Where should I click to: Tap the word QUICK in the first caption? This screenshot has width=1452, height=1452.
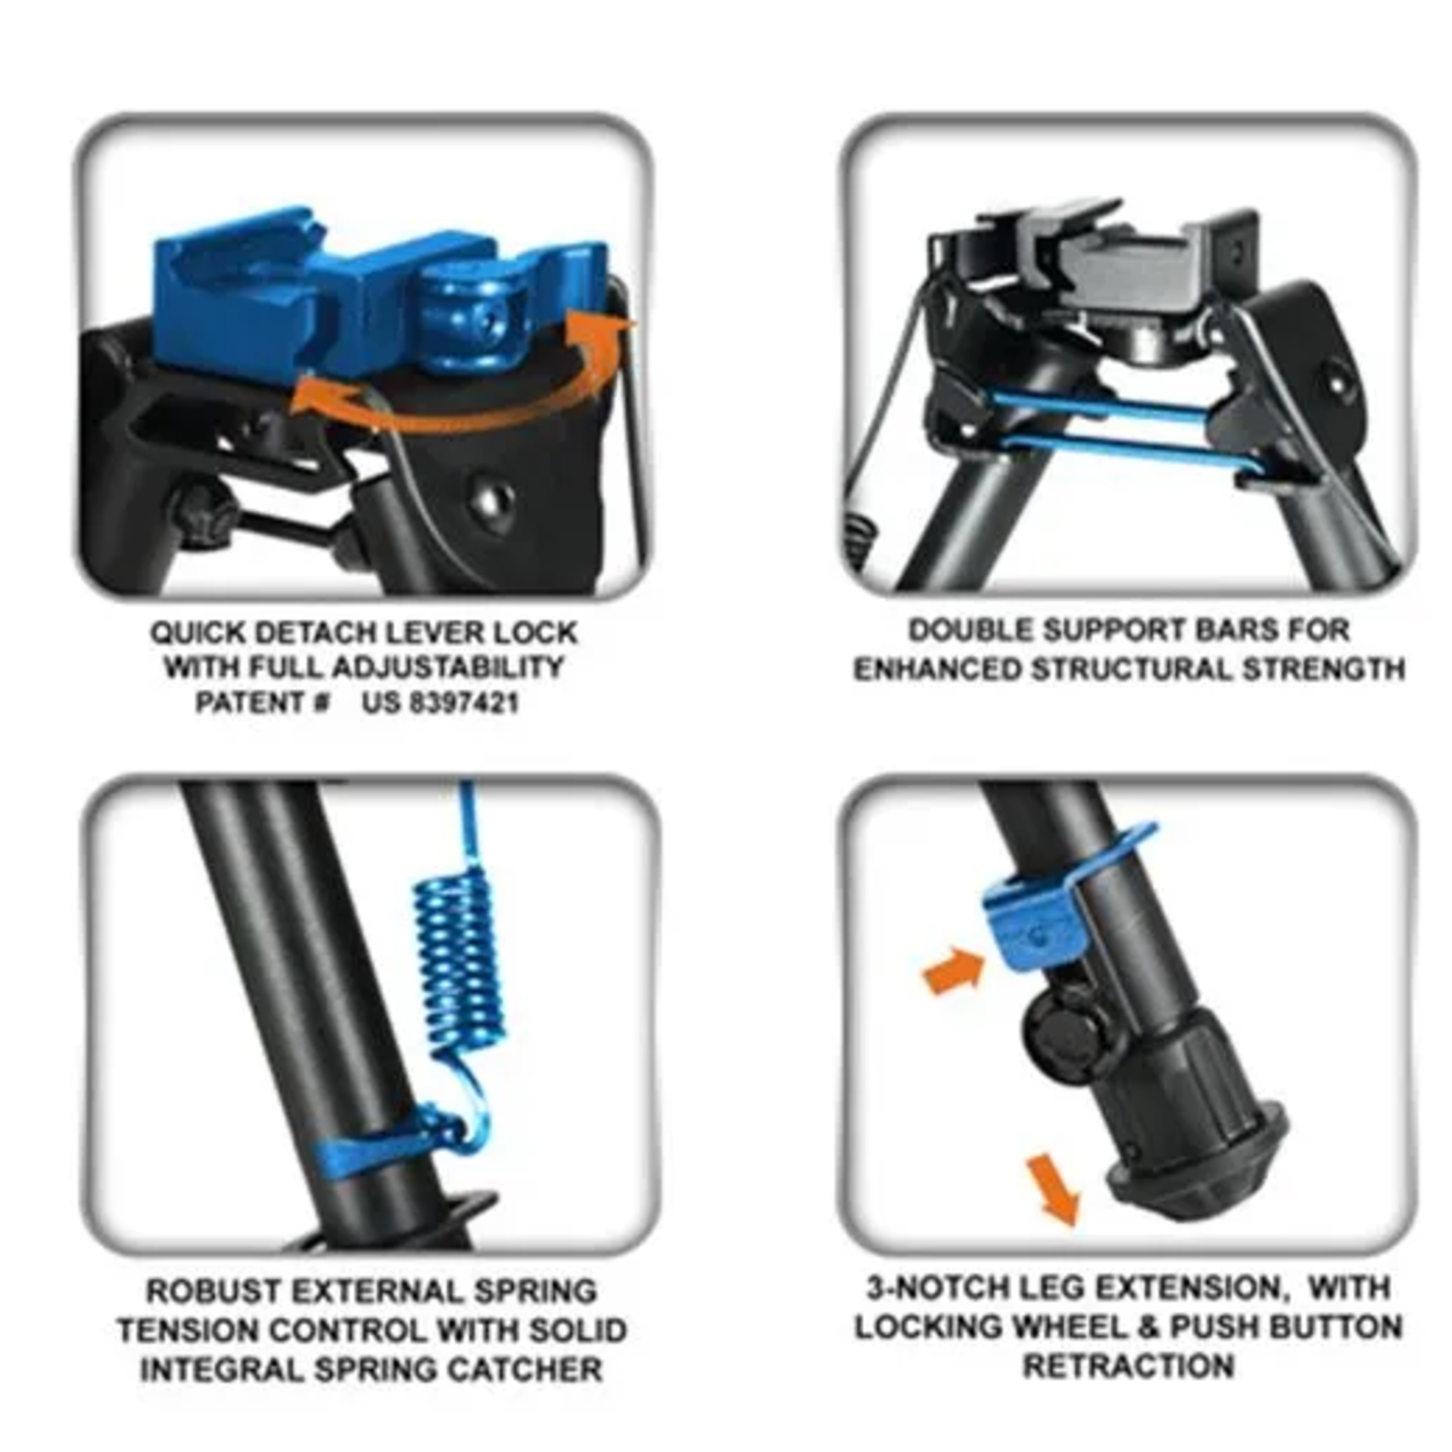[x=198, y=633]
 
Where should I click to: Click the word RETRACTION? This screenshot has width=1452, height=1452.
[x=1128, y=1366]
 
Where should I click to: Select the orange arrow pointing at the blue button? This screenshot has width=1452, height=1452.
[x=953, y=970]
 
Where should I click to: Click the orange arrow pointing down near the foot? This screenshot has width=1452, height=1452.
[x=1053, y=1189]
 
